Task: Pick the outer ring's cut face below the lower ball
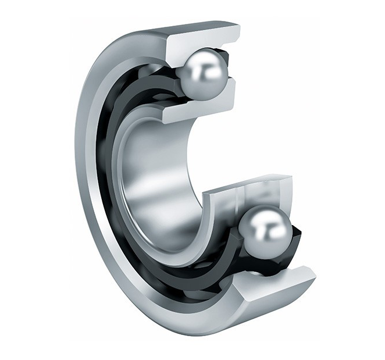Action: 273,285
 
